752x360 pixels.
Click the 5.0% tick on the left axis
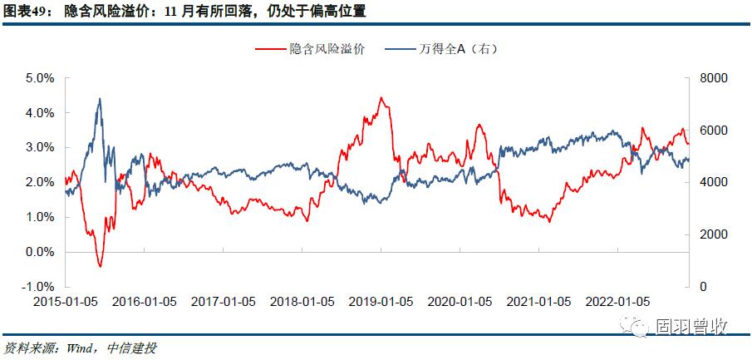pyautogui.click(x=41, y=77)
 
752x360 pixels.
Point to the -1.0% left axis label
pyautogui.click(x=39, y=286)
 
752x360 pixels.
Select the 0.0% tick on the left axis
pyautogui.click(x=41, y=251)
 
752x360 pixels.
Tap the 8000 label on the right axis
pyautogui.click(x=692, y=77)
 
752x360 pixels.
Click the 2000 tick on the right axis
pyautogui.click(x=692, y=234)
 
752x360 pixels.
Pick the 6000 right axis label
pyautogui.click(x=692, y=130)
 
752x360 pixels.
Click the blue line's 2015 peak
pyautogui.click(x=100, y=98)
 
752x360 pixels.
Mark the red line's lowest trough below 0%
pyautogui.click(x=100, y=266)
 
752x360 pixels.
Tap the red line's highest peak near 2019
pyautogui.click(x=381, y=98)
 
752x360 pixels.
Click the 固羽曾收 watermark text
pyautogui.click(x=691, y=328)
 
